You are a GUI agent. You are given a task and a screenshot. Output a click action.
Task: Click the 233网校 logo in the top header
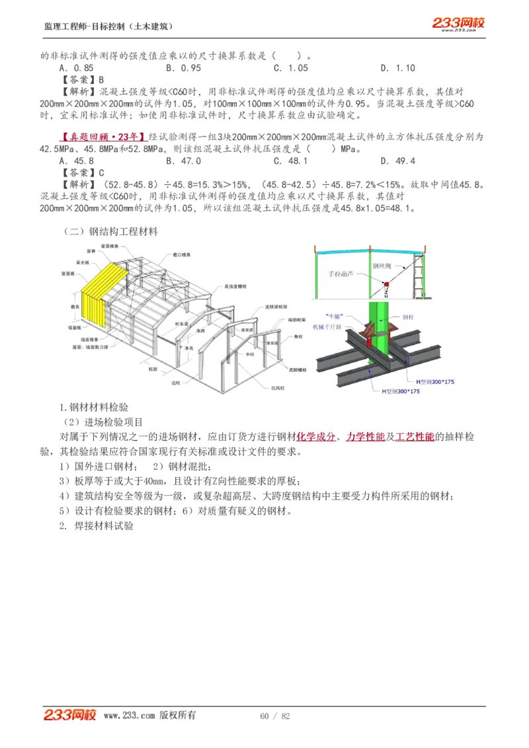pyautogui.click(x=458, y=24)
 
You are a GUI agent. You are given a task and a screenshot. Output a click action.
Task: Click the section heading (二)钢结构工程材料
pyautogui.click(x=110, y=232)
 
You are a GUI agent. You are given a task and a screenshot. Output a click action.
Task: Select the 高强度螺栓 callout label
pyautogui.click(x=235, y=287)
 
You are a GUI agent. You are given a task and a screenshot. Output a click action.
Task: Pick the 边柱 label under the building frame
pyautogui.click(x=175, y=383)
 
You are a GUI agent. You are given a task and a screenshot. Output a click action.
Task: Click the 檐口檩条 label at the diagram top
pyautogui.click(x=182, y=254)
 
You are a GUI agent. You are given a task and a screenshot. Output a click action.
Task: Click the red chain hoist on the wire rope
pyautogui.click(x=385, y=285)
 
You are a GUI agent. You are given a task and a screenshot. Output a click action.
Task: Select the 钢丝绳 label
pyautogui.click(x=382, y=266)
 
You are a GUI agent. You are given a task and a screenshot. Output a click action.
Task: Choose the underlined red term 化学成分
pyautogui.click(x=315, y=437)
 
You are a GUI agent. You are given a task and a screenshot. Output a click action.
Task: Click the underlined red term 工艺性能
pyautogui.click(x=415, y=437)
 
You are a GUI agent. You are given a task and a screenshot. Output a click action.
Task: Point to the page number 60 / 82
pyautogui.click(x=275, y=716)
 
